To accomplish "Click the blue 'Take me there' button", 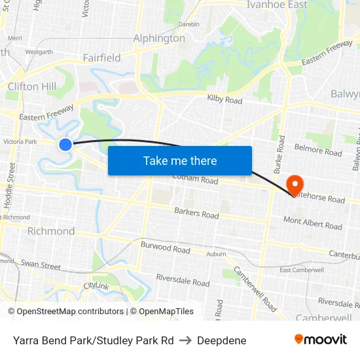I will coord(180,160).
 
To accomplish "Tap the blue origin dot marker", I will coord(65,145).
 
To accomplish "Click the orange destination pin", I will coord(294,183).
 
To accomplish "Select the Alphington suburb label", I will coord(159,38).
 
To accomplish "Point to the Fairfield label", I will coord(101,58).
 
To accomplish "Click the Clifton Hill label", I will coord(31,86).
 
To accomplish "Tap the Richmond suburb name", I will coord(51,231).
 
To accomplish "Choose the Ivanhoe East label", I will coord(277,5).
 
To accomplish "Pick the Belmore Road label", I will coord(318,152).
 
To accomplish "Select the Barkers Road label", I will coord(196,213).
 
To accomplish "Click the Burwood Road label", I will coord(166,247).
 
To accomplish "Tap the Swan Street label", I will coord(41,265).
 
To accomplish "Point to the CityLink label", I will coord(96,286).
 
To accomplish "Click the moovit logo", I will coord(321,339).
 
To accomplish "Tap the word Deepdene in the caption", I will coord(221,340).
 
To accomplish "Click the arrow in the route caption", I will coord(185,340).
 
